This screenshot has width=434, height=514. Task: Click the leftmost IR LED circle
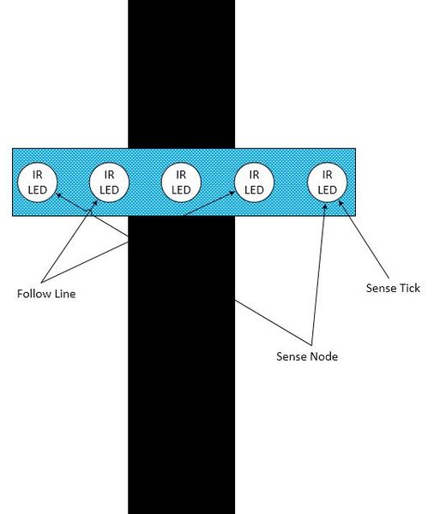point(37,182)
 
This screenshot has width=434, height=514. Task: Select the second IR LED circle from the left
point(109,182)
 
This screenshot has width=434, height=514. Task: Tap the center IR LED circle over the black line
point(181,182)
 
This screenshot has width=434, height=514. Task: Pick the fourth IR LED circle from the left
point(254,182)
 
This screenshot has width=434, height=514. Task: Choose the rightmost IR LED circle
point(327,182)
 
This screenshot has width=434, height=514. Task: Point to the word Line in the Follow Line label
point(65,293)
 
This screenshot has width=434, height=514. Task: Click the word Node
point(323,356)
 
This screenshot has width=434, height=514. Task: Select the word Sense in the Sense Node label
point(291,356)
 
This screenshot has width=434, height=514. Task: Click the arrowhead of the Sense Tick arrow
point(341,204)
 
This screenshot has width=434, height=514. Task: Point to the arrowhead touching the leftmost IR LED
point(59,195)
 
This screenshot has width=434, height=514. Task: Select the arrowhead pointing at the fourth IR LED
point(232,194)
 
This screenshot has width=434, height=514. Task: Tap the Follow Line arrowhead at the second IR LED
point(95,204)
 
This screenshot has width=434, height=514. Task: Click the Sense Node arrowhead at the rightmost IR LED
point(325,206)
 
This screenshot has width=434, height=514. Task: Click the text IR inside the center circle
point(181,175)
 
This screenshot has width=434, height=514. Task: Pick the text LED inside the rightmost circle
point(327,190)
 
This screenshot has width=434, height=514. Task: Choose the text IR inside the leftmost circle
point(37,175)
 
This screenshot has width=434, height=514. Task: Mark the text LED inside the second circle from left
point(109,190)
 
